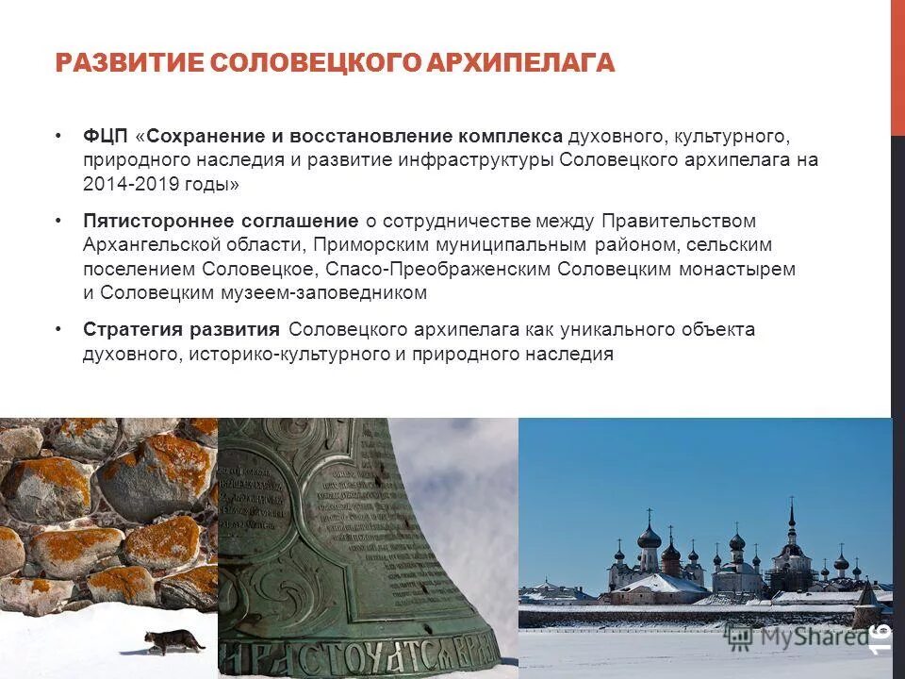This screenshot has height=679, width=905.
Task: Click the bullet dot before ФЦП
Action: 59,136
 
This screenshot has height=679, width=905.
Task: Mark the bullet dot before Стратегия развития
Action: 59,330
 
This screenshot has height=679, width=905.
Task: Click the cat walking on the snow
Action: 173,642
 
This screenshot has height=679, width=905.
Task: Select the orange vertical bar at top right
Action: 897,66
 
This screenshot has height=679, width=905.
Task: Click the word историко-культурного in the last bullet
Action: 286,355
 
